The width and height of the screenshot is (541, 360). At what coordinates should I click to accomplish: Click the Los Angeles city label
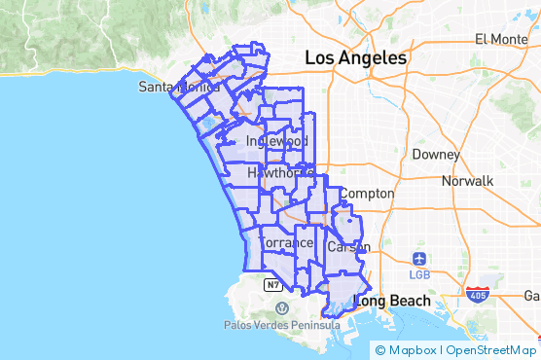355,58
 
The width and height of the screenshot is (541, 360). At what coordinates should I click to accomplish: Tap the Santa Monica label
179,87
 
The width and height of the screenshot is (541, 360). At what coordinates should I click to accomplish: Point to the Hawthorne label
279,173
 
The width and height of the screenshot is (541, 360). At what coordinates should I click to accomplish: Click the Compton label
366,194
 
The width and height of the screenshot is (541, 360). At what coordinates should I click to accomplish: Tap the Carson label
348,247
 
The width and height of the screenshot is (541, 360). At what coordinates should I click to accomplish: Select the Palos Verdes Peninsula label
281,324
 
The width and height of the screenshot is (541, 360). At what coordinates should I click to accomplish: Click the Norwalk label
467,181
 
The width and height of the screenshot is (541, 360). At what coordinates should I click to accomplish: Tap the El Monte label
500,39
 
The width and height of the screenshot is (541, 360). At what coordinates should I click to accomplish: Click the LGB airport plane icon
419,259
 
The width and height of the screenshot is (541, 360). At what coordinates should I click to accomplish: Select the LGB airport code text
420,273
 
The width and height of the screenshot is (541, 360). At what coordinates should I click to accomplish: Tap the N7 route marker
273,285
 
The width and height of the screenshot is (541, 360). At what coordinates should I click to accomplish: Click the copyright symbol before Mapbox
379,350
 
